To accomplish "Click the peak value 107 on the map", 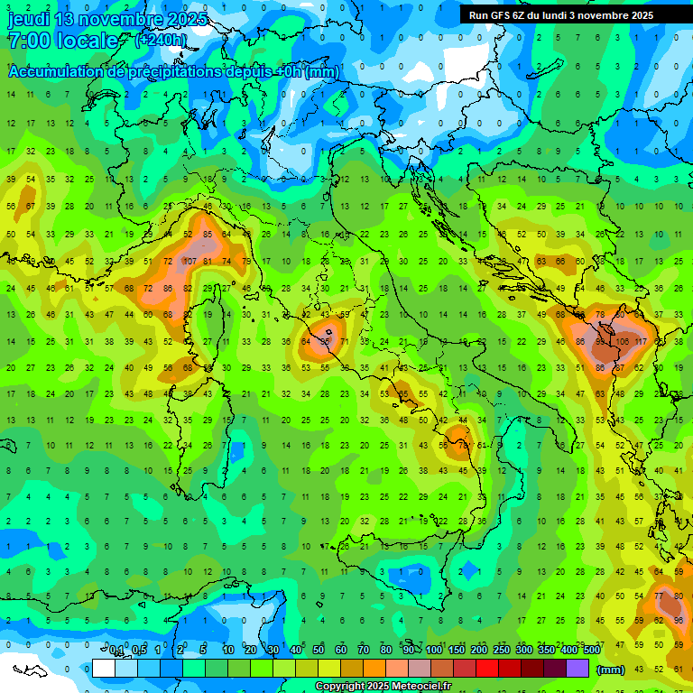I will point(189,262).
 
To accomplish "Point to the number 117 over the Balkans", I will point(642,342).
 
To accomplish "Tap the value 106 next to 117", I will point(622,342).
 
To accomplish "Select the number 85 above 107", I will point(208,236).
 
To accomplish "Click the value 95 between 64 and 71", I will point(325,342).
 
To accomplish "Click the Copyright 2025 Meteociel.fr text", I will point(383,687).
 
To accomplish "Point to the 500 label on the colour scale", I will point(592,650).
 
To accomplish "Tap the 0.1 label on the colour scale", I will point(116,650).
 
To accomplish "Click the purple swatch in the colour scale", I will point(577,668).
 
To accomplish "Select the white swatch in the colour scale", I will point(103,668).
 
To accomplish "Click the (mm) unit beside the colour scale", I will point(611,669).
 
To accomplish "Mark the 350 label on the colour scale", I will point(547,650).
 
